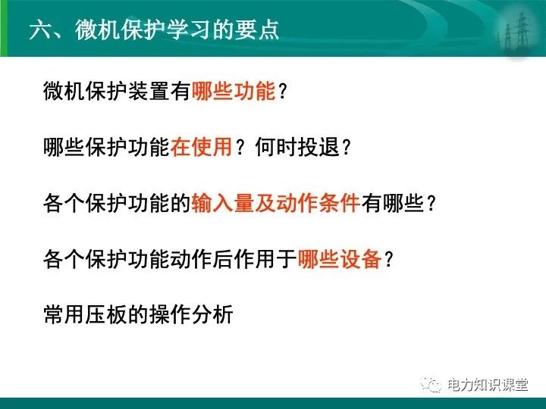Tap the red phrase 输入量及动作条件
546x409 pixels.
pyautogui.click(x=275, y=203)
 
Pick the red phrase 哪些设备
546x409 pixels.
pyautogui.click(x=339, y=259)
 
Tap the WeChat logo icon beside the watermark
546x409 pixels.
pyautogui.click(x=431, y=385)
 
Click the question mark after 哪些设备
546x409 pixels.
pyautogui.click(x=390, y=259)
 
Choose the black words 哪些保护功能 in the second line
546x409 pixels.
pyautogui.click(x=107, y=147)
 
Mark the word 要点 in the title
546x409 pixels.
pyautogui.click(x=261, y=30)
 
